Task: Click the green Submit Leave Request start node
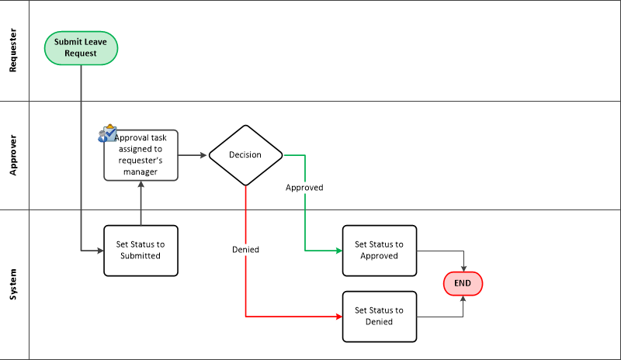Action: coord(82,48)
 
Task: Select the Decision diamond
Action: coord(245,154)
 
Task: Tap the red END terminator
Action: coord(463,283)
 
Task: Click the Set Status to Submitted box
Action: coord(141,250)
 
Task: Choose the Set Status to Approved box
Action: coord(379,250)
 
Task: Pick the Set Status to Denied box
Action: coord(379,316)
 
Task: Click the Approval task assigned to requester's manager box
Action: coord(141,155)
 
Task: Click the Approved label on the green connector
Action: coord(304,188)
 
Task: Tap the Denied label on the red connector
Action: coord(245,250)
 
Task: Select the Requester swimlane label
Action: coord(13,51)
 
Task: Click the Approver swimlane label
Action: coord(13,155)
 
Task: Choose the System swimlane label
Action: coord(13,284)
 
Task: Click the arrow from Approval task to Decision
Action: coord(193,155)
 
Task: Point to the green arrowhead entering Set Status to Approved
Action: coord(338,251)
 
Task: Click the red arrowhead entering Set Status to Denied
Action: coord(338,317)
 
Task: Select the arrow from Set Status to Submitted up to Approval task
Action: coord(141,203)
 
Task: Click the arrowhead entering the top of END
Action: coord(463,268)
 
